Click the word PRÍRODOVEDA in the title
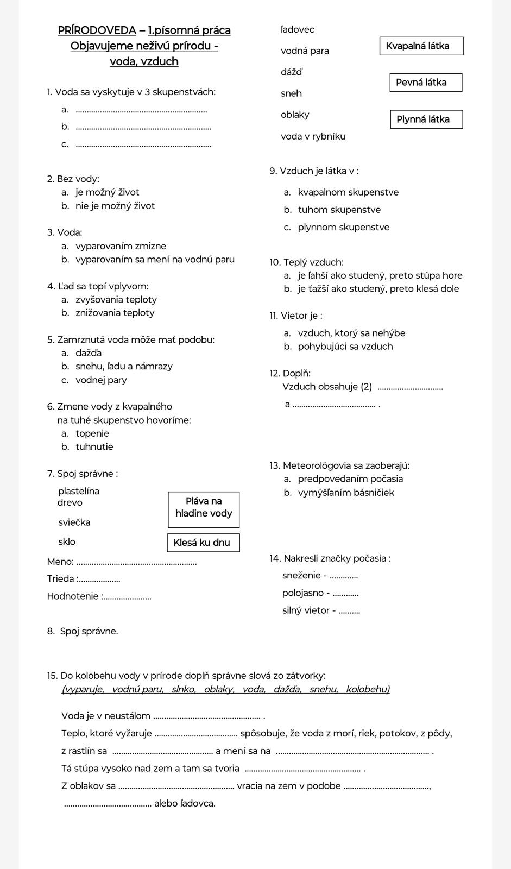point(97,30)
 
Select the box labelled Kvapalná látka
point(421,46)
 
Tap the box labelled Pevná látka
point(426,83)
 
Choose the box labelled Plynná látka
point(426,119)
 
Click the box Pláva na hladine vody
point(204,509)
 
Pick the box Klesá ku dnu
point(203,543)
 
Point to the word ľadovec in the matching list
point(298,30)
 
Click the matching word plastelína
point(79,491)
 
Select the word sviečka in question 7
point(74,522)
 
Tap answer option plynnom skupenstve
point(343,228)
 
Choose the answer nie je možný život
point(115,206)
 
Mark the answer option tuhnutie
point(94,447)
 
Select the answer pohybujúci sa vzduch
point(345,347)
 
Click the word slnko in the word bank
point(183,690)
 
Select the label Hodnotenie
point(73,596)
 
